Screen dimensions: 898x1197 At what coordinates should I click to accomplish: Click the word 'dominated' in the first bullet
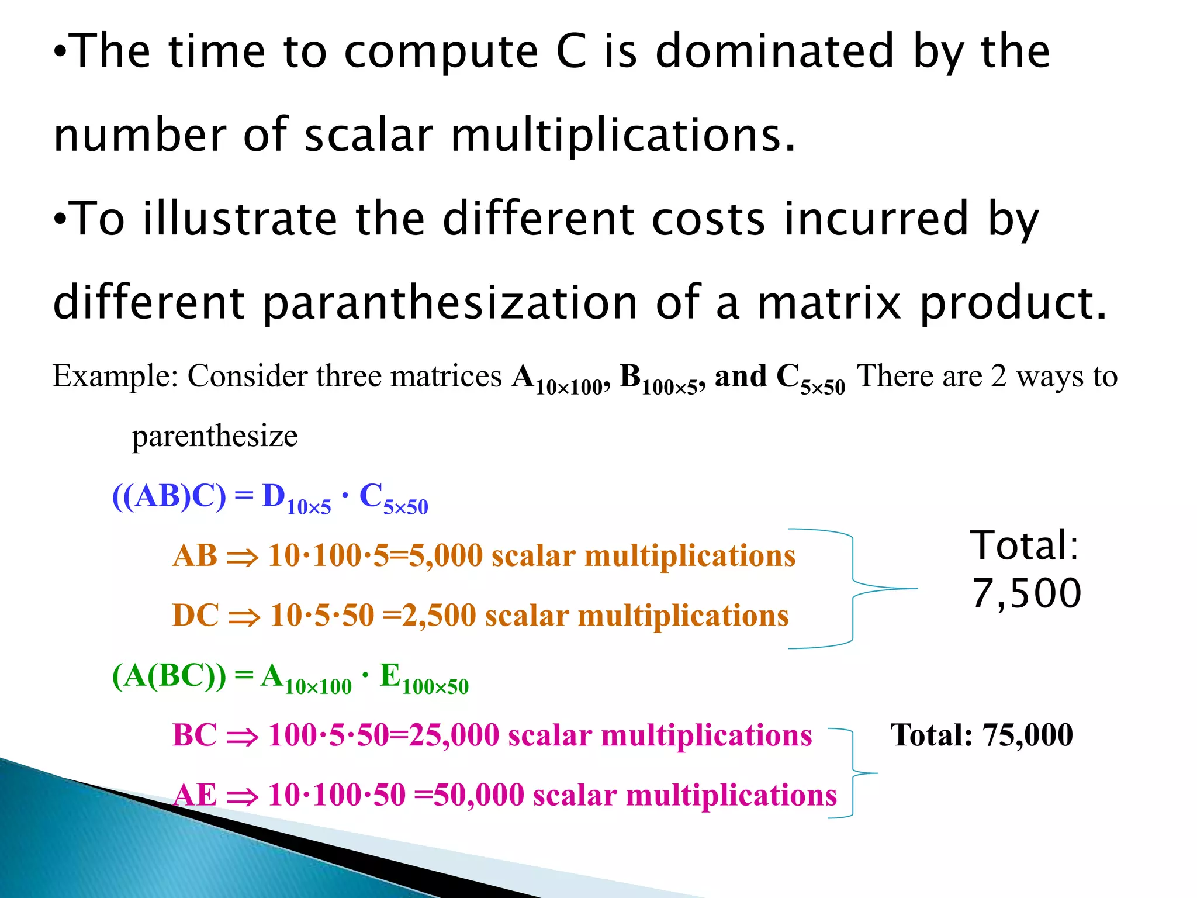[x=774, y=51]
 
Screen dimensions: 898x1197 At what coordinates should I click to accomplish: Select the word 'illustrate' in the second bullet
[x=240, y=219]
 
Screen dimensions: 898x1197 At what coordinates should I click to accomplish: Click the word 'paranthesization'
[x=450, y=304]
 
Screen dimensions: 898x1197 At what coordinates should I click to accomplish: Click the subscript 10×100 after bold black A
[x=568, y=388]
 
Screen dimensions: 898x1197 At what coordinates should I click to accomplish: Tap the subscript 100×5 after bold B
[x=669, y=388]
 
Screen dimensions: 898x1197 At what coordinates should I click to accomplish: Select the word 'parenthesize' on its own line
[x=215, y=436]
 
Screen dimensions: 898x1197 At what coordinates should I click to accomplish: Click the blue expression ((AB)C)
[x=169, y=496]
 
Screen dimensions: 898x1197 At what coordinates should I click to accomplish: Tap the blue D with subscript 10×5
[x=295, y=499]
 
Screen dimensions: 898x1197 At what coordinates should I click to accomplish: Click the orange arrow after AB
[x=242, y=557]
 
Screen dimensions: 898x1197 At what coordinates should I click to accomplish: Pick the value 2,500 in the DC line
[x=439, y=616]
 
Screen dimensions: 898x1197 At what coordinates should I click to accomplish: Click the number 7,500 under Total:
[x=1026, y=593]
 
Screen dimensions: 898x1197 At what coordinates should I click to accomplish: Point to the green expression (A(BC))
[x=169, y=676]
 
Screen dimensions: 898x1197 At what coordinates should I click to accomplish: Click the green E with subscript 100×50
[x=424, y=679]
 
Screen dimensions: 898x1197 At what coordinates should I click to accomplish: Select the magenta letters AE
[x=195, y=795]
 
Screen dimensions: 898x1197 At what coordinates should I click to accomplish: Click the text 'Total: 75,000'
[x=981, y=735]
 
